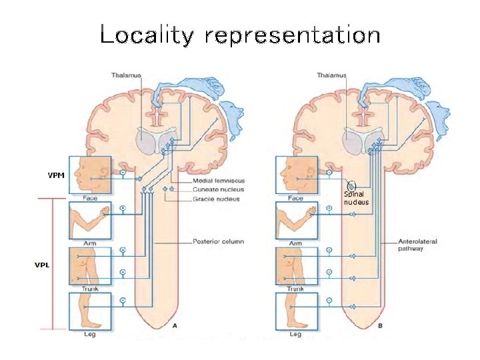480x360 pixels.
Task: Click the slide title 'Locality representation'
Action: click(x=240, y=35)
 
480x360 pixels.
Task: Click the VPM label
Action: click(x=56, y=176)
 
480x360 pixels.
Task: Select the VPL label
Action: click(x=43, y=265)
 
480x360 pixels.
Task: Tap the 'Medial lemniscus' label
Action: click(x=219, y=181)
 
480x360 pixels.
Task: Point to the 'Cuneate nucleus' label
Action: click(x=218, y=190)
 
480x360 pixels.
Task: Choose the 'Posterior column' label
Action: click(x=218, y=241)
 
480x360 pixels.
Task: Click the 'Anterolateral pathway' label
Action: click(x=417, y=245)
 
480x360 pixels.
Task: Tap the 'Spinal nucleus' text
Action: click(x=356, y=198)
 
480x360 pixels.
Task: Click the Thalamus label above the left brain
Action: click(x=127, y=75)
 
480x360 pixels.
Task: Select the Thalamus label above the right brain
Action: click(x=332, y=75)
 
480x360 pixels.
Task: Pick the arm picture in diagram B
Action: click(x=296, y=220)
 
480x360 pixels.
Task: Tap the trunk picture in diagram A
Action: click(x=89, y=265)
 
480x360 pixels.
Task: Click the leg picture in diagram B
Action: click(x=296, y=311)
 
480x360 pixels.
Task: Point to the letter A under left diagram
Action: click(x=175, y=326)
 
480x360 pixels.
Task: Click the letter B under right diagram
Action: click(x=380, y=326)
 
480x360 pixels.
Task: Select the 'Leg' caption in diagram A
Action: click(x=89, y=334)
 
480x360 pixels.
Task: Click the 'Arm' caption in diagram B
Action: click(x=295, y=243)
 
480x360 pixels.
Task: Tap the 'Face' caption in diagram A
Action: click(x=89, y=198)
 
